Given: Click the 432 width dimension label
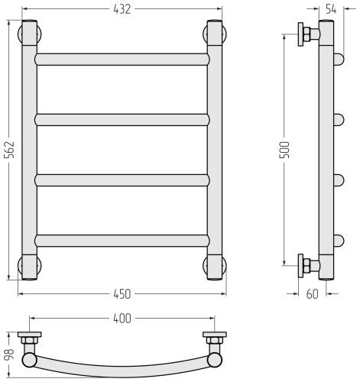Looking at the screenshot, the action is point(122,9).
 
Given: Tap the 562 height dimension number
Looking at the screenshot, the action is point(10,150).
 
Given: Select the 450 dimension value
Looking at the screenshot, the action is point(122,294).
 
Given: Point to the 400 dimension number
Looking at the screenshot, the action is point(122,319).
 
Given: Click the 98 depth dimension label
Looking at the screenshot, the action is point(10,354).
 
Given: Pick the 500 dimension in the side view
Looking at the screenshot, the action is point(284,150).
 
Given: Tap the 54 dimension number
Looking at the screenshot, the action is point(331,9).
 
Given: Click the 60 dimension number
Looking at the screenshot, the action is point(313,294).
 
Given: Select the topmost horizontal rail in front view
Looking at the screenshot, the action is point(122,60).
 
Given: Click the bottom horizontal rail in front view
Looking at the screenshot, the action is point(122,241).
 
